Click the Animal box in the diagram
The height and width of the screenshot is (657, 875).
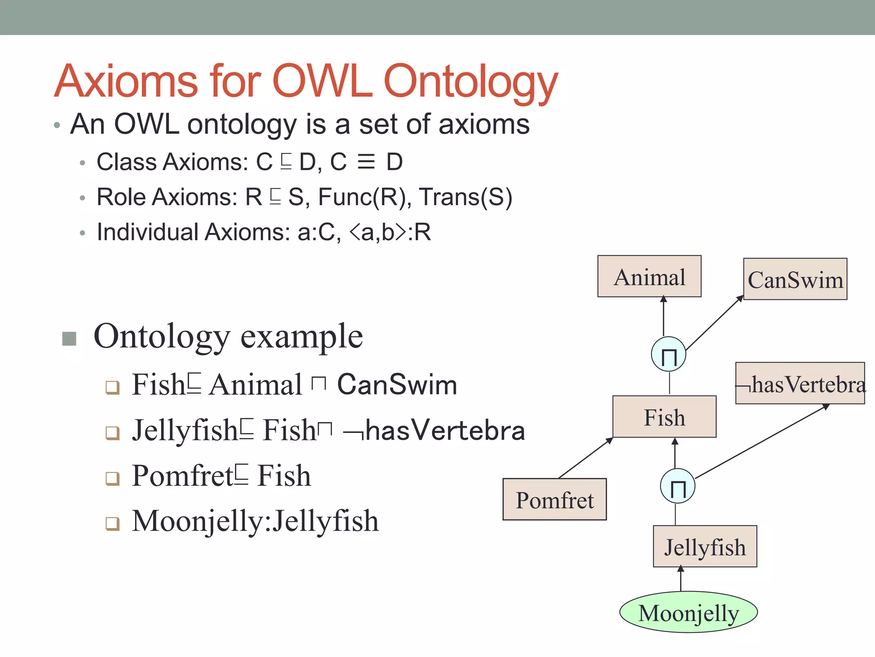[649, 276]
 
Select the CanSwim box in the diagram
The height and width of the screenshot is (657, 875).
[795, 279]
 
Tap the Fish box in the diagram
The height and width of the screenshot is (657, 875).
[664, 417]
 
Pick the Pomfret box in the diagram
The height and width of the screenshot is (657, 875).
[555, 500]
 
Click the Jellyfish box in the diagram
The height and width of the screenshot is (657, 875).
[705, 547]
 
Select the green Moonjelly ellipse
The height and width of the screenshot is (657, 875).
[688, 613]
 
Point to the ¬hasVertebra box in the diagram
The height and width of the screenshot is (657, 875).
[800, 383]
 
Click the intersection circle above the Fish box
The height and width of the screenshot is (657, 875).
[669, 354]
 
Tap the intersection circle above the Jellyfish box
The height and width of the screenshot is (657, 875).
[678, 486]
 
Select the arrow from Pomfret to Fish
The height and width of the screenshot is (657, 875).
[586, 458]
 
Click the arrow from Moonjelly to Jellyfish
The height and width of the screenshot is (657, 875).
[681, 579]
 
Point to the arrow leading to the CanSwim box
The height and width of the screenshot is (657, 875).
[714, 323]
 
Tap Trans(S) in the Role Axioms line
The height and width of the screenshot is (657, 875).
[465, 198]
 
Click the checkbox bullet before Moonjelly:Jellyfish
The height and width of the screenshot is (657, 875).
[112, 523]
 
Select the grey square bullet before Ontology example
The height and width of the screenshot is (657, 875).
[69, 338]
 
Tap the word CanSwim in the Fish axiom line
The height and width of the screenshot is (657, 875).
[397, 385]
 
